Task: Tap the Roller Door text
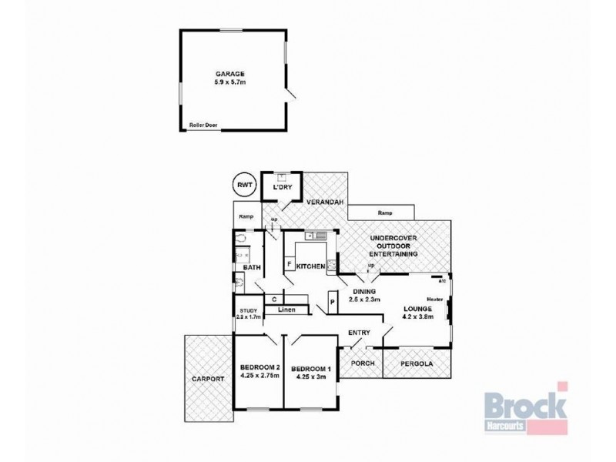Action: click(x=202, y=125)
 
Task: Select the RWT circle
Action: click(x=245, y=185)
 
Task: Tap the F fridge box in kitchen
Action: click(x=290, y=265)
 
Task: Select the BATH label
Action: click(x=252, y=267)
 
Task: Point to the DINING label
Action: click(x=364, y=292)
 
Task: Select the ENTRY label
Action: click(x=359, y=333)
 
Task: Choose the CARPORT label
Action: click(x=209, y=379)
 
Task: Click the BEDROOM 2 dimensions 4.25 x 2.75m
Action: click(x=258, y=377)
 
